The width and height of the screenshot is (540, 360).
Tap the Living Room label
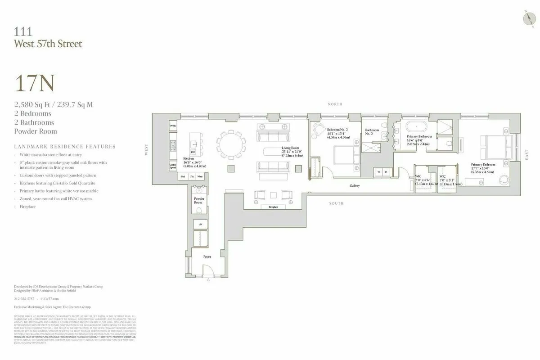point(291,148)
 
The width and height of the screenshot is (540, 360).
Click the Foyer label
point(207,256)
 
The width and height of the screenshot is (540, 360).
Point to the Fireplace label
point(273,207)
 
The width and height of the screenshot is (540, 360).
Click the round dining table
point(230,144)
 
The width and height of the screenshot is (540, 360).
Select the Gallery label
point(355,185)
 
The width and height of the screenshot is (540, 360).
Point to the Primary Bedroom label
point(483,165)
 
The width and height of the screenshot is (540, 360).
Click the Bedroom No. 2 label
point(337,130)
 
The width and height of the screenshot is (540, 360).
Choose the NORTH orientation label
point(335,104)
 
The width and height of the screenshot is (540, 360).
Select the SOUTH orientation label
point(336,203)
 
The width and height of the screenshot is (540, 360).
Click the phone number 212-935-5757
point(25,298)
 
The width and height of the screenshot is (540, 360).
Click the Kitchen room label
point(188,159)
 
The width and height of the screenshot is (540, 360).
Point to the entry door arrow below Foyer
point(208,280)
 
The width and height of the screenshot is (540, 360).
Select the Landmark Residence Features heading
point(64,147)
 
